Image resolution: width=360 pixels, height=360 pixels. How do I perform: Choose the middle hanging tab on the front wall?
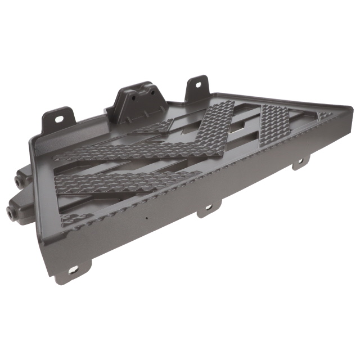pyautogui.click(x=206, y=209)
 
